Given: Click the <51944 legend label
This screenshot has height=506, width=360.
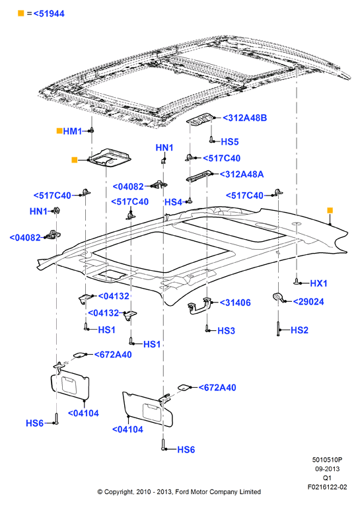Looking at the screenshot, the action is click(x=49, y=14).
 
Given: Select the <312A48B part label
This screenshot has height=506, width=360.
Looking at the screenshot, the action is click(x=245, y=118).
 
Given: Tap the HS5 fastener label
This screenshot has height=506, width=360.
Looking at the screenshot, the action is click(x=230, y=141).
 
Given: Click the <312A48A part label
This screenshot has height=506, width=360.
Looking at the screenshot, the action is click(x=242, y=174).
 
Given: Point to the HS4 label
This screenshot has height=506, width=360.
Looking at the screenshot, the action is click(x=174, y=202).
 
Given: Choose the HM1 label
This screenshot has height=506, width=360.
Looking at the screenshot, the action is click(x=72, y=131).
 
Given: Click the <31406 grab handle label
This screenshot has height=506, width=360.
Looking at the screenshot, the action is click(x=235, y=303).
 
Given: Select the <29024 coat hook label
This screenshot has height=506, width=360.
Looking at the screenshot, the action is click(x=308, y=302).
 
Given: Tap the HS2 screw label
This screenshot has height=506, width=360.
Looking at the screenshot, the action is click(x=299, y=330).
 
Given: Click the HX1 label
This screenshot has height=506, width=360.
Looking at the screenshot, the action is click(x=318, y=283).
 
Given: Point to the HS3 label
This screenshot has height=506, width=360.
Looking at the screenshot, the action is click(x=226, y=331).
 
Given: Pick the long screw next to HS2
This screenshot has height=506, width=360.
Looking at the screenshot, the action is click(x=278, y=329).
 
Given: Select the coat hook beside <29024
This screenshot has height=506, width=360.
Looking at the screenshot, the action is click(x=277, y=297).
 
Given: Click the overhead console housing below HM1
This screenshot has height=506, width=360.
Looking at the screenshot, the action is click(x=110, y=157).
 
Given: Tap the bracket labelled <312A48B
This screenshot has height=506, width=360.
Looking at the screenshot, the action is click(x=200, y=118).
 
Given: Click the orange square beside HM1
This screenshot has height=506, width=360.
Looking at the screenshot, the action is click(x=59, y=131).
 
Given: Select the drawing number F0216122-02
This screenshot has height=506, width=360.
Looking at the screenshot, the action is click(x=327, y=487).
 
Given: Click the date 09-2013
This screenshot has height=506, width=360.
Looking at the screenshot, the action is click(x=327, y=469).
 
